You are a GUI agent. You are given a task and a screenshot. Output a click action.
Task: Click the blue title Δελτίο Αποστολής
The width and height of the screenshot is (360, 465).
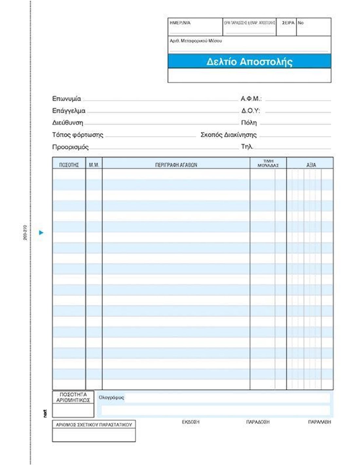click(x=249, y=61)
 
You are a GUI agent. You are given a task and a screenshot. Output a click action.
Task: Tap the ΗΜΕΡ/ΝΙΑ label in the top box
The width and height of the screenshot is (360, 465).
click(x=180, y=23)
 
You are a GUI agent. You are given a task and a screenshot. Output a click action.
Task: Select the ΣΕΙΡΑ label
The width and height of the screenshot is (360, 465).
click(x=288, y=23)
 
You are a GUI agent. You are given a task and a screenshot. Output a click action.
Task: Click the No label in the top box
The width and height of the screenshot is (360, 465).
click(x=301, y=23)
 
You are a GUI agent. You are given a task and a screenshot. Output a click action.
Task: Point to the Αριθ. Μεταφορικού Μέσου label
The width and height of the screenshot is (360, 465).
click(x=196, y=41)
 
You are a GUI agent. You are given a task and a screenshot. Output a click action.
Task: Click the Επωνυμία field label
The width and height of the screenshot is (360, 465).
click(x=66, y=99)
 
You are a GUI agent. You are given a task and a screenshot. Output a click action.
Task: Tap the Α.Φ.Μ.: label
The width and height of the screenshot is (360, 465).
click(x=251, y=99)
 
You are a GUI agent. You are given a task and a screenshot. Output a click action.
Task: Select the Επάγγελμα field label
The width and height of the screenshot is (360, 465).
click(x=69, y=111)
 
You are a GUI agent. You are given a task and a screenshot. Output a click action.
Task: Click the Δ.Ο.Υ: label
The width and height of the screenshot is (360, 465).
click(x=250, y=111)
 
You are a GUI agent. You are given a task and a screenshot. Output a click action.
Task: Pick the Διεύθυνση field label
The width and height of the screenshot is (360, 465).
click(x=68, y=123)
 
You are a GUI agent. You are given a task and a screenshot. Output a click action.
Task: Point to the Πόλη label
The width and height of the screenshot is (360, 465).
click(x=249, y=123)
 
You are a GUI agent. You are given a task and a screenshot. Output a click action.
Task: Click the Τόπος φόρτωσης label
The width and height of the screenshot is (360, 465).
click(x=78, y=135)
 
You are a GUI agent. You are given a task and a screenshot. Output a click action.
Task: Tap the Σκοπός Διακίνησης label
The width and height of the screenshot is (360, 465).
click(x=228, y=135)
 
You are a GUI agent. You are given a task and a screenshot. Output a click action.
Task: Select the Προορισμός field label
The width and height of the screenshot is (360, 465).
click(x=70, y=147)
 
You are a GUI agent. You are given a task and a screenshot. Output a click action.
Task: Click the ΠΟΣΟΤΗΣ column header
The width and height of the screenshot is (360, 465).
click(x=69, y=165)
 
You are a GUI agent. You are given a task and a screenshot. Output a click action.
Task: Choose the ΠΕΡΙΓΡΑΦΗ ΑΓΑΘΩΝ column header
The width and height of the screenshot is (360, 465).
click(x=176, y=165)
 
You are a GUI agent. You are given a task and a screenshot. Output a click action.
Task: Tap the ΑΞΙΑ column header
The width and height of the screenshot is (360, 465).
click(x=311, y=165)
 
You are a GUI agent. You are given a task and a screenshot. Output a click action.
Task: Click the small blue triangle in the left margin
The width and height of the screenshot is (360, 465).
click(x=41, y=233)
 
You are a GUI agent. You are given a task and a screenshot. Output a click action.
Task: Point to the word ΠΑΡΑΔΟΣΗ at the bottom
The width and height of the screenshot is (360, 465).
click(x=258, y=422)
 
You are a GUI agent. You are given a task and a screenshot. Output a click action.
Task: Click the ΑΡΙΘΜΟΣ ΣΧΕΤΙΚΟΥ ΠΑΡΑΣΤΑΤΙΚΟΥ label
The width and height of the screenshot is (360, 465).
click(x=94, y=425)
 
